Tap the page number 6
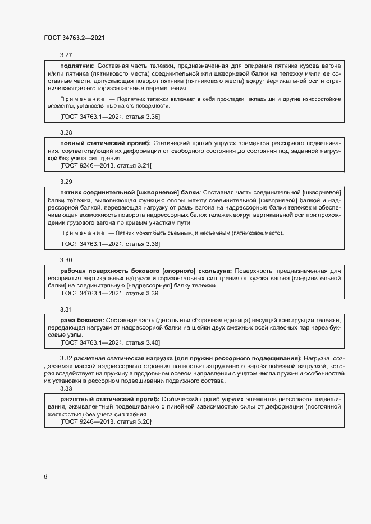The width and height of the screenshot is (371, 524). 45,476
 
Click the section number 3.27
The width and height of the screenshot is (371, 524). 66,55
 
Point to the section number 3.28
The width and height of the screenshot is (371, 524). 66,133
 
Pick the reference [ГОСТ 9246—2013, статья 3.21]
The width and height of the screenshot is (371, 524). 106,166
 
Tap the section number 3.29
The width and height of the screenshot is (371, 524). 66,182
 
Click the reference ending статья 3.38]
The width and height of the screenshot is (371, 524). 110,244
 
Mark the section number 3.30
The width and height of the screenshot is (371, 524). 66,261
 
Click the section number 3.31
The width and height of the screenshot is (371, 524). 66,309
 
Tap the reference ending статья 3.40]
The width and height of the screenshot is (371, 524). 110,342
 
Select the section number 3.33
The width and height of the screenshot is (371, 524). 66,388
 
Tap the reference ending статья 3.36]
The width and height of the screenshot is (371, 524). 110,117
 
